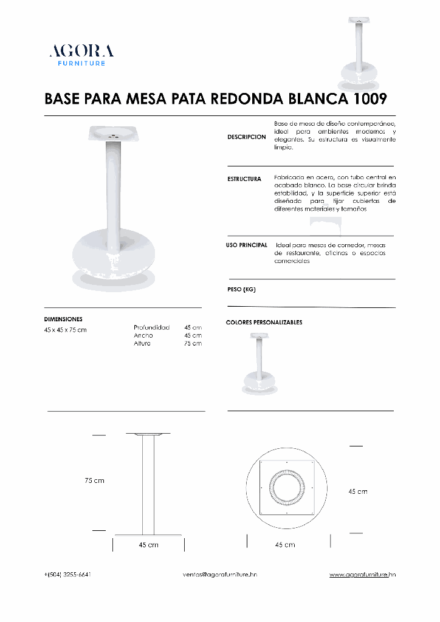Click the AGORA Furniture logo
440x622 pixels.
(x=81, y=55)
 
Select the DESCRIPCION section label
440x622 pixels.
(x=246, y=137)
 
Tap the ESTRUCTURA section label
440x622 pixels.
(x=244, y=179)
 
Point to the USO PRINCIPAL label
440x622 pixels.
(x=247, y=245)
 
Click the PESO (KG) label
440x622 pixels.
(x=241, y=290)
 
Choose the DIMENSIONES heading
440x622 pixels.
(x=63, y=319)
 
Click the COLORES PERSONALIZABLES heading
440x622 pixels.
(x=264, y=323)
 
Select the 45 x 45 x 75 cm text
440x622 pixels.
(x=66, y=330)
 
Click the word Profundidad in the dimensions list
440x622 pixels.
(x=152, y=327)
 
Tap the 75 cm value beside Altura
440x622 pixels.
(x=193, y=343)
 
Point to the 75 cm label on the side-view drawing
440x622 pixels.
(x=94, y=480)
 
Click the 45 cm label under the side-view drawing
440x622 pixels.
(x=148, y=545)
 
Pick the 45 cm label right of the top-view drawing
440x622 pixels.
(x=357, y=491)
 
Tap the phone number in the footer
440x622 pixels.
(x=68, y=574)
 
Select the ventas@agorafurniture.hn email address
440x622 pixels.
(x=220, y=574)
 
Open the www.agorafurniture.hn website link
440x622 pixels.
(x=362, y=574)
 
